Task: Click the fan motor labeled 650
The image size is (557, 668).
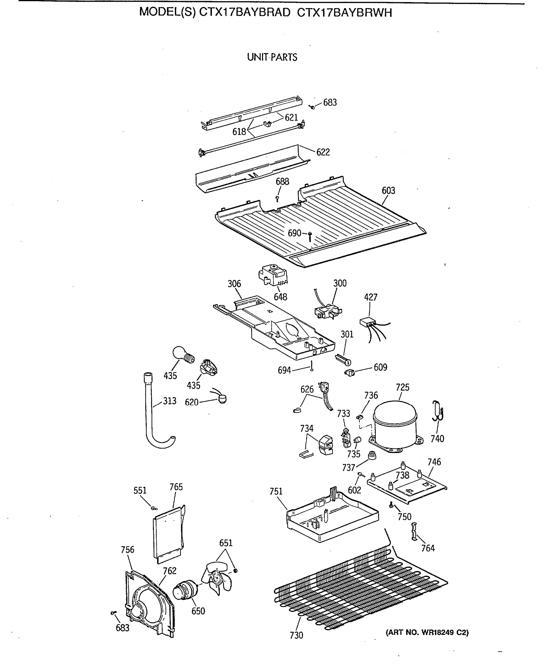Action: point(185,591)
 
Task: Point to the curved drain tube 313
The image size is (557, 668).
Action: point(153,414)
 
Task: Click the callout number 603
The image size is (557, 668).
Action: point(388,191)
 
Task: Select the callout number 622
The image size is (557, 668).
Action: point(323,152)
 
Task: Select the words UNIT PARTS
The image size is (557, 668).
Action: point(272,57)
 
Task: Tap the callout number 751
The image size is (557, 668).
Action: point(276,492)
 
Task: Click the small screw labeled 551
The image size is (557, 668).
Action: point(154,508)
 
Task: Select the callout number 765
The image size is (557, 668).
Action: point(176,487)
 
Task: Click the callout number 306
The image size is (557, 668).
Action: point(234,284)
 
